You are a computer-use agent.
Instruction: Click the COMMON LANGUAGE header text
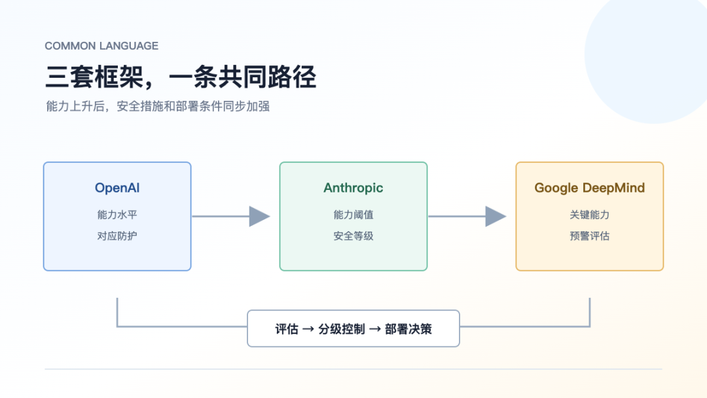tap(101, 46)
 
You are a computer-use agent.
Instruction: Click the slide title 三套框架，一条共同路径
tap(181, 77)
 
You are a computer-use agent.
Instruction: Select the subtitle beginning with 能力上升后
tap(158, 107)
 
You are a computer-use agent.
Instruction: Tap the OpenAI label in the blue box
tap(117, 188)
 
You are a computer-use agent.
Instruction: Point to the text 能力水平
tap(117, 215)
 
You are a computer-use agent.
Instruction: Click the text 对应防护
tap(117, 236)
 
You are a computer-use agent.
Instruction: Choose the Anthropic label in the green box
tap(353, 188)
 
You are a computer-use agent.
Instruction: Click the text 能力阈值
tap(353, 215)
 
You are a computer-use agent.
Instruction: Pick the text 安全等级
tap(353, 236)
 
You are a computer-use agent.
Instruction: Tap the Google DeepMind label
tap(590, 188)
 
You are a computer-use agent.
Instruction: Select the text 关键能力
tap(590, 215)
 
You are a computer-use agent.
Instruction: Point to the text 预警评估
tap(590, 236)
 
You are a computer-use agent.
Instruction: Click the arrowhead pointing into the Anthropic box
tap(259, 217)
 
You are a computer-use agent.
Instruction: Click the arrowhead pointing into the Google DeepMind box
tap(496, 217)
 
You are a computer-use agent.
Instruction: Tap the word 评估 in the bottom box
tap(287, 329)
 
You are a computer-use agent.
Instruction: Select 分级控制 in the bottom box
tap(342, 329)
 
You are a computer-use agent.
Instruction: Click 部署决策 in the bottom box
tap(408, 329)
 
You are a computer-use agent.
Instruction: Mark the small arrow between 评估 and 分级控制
tap(308, 329)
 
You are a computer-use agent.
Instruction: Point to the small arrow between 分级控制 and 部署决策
tap(375, 329)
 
